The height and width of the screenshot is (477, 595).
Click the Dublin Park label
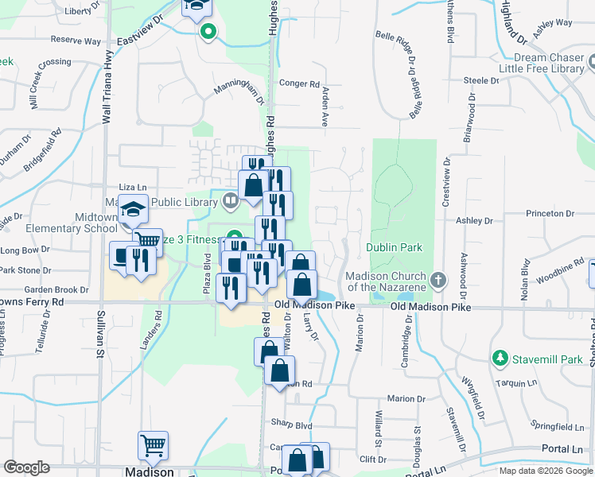click(x=394, y=247)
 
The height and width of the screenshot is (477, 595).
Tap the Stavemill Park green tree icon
click(x=500, y=359)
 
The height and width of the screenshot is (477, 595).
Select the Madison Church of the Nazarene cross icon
click(x=438, y=281)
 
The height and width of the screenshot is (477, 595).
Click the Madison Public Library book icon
click(x=231, y=200)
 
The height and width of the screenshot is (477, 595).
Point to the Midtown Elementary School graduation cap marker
click(x=133, y=210)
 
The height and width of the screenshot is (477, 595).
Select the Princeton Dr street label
click(x=548, y=214)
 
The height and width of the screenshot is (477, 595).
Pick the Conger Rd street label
click(x=299, y=83)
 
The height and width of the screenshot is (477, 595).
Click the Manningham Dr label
click(x=238, y=92)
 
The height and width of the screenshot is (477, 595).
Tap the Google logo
click(x=26, y=467)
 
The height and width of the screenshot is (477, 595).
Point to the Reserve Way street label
click(x=76, y=40)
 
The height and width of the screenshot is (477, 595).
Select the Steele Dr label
click(x=481, y=80)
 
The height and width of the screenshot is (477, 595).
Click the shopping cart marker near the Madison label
click(x=153, y=447)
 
